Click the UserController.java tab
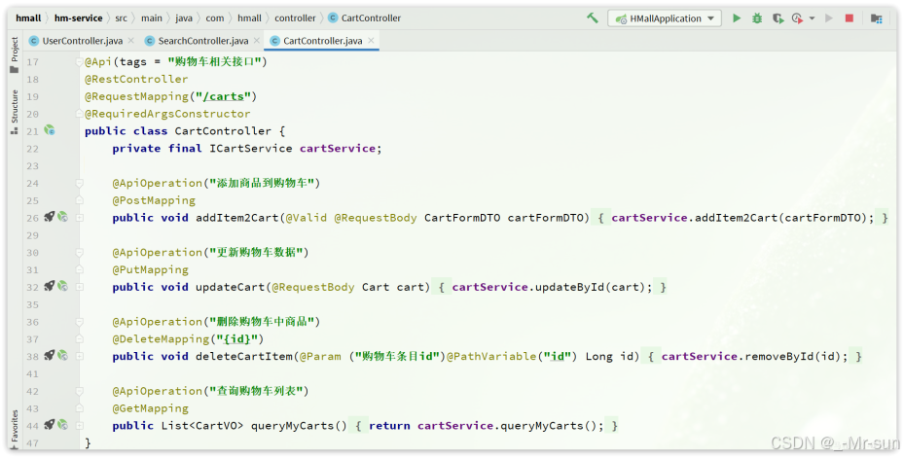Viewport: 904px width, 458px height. click(82, 41)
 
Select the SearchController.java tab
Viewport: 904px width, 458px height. click(202, 41)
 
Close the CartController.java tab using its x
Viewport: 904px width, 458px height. click(372, 41)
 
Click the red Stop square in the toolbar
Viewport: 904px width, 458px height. click(849, 18)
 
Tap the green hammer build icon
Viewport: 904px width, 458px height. click(593, 18)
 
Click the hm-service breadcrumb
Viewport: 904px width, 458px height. click(78, 18)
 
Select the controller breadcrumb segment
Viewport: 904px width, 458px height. click(295, 18)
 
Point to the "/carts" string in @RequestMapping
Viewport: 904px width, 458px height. click(224, 96)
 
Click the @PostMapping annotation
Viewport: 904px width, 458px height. click(154, 200)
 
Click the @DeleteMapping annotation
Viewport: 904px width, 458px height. click(161, 338)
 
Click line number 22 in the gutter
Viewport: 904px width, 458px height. click(33, 148)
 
